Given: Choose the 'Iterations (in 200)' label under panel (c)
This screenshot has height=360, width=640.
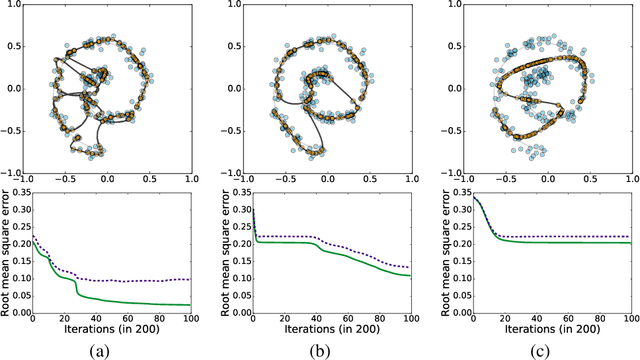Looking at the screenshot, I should click(546, 326).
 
